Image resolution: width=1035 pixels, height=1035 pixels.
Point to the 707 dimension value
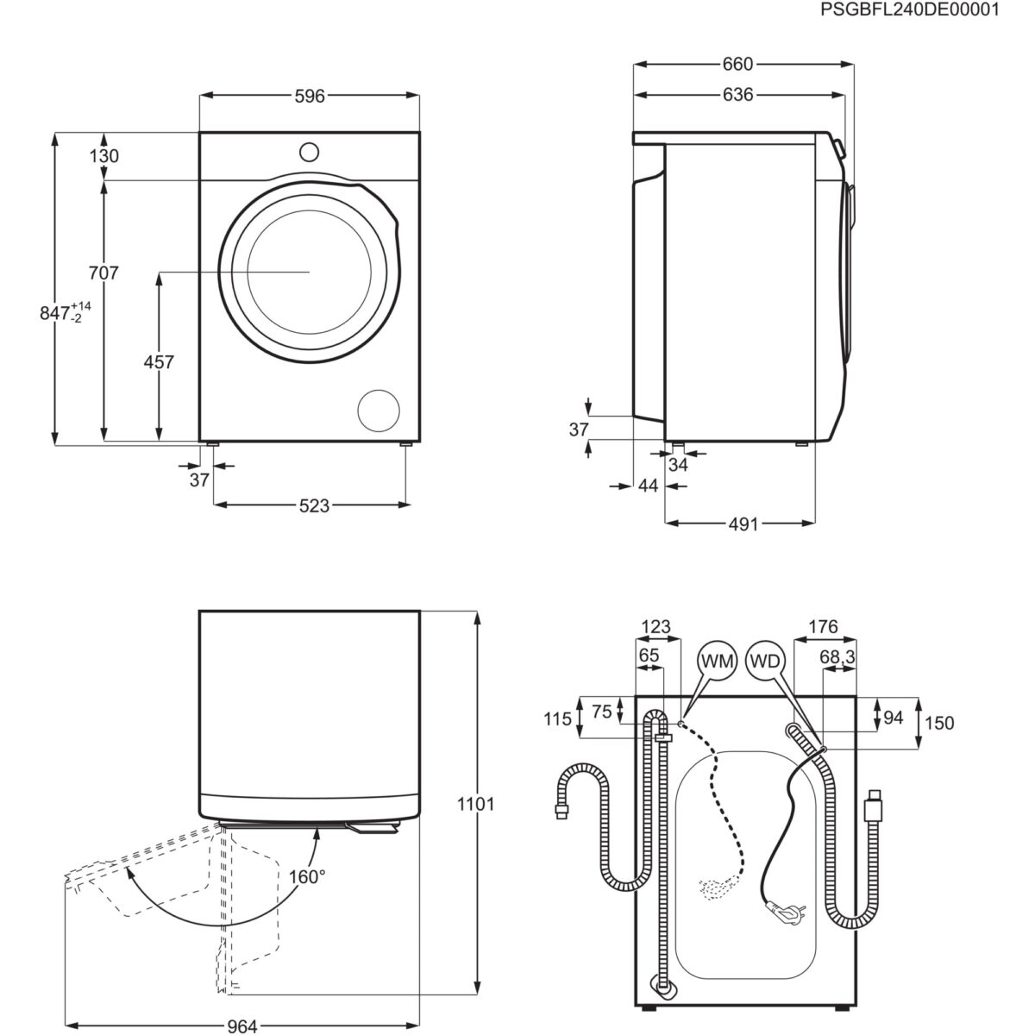click(x=103, y=273)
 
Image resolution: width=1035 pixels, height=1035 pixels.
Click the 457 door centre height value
click(x=158, y=362)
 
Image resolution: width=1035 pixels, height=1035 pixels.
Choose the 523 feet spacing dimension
click(x=314, y=505)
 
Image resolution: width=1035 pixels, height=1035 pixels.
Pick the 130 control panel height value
click(x=103, y=156)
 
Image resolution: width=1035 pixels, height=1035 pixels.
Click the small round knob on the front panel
click(x=309, y=152)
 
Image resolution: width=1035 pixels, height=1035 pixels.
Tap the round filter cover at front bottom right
click(x=379, y=410)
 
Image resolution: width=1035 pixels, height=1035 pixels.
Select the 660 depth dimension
click(x=737, y=64)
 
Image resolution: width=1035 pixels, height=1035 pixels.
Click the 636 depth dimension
click(x=737, y=95)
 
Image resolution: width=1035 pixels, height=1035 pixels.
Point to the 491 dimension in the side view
click(x=743, y=524)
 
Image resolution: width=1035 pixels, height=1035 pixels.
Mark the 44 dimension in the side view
click(x=648, y=486)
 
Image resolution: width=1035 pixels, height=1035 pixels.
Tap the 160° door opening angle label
click(x=308, y=876)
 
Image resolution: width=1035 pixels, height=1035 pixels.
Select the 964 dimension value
click(x=242, y=1026)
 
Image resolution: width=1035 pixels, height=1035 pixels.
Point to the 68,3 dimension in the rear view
click(x=837, y=657)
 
